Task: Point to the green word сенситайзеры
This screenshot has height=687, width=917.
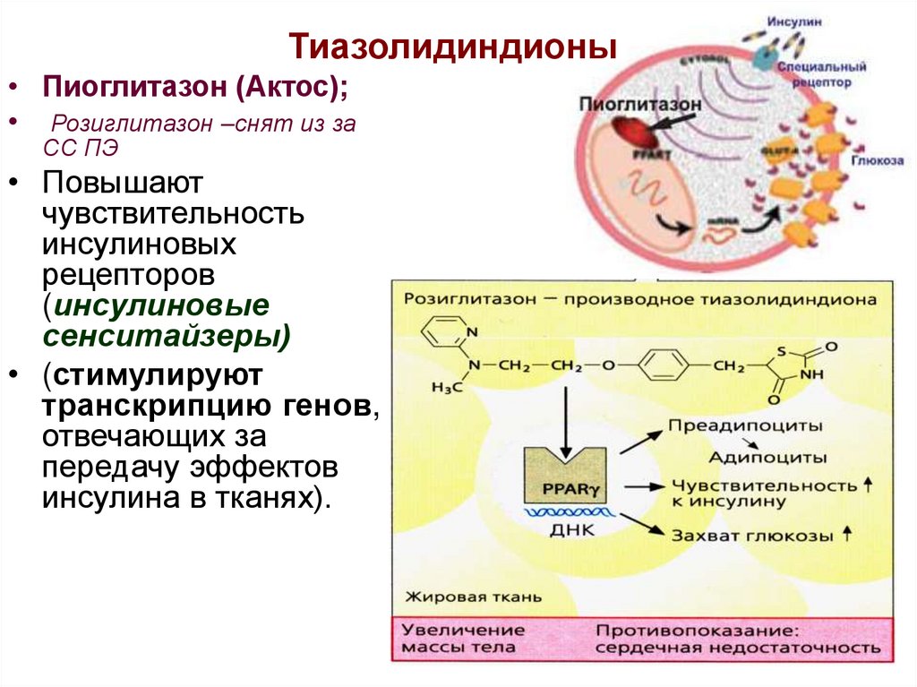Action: [165, 336]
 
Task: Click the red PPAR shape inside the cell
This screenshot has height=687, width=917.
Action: [628, 134]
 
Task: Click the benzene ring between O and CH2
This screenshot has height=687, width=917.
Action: [664, 365]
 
